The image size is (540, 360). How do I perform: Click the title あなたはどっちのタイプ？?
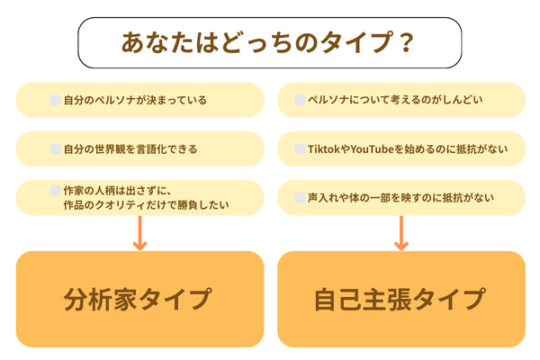point(269,43)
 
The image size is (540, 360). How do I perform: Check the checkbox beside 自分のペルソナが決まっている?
point(55,99)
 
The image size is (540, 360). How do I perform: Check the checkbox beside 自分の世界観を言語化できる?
point(55,148)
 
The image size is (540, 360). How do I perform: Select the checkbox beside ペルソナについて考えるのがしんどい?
point(301,99)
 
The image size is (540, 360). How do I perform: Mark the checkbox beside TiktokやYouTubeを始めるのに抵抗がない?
point(301,148)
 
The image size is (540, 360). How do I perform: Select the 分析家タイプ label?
point(139,300)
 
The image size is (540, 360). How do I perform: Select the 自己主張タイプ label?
point(401,300)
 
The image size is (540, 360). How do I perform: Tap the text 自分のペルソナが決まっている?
point(135,99)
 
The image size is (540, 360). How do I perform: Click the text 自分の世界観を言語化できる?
point(130,148)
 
